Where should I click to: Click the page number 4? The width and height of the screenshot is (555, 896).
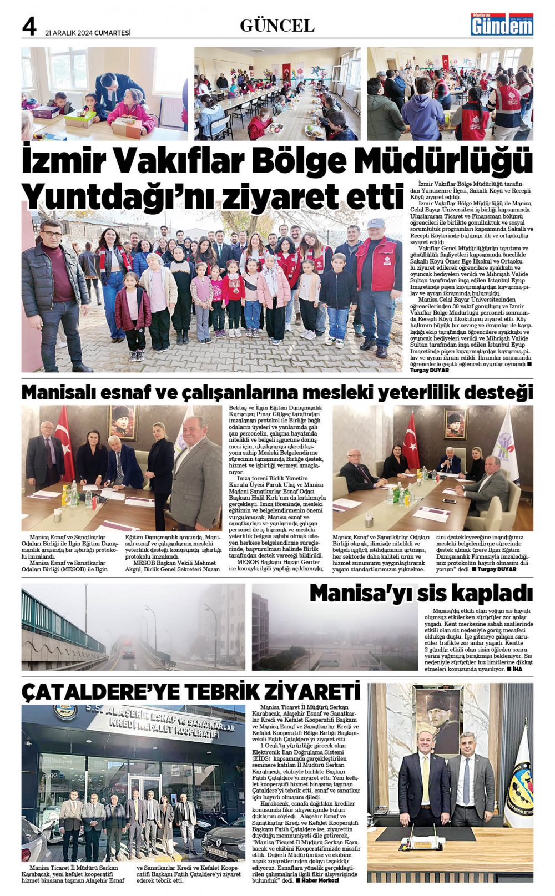pyautogui.click(x=29, y=26)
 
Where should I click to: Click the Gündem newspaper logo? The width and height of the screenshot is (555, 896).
pyautogui.click(x=502, y=25)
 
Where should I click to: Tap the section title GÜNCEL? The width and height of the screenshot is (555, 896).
pyautogui.click(x=277, y=26)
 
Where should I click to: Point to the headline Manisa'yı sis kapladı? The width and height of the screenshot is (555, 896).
pyautogui.click(x=421, y=593)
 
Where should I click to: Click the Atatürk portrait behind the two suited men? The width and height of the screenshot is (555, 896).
pyautogui.click(x=437, y=716)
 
